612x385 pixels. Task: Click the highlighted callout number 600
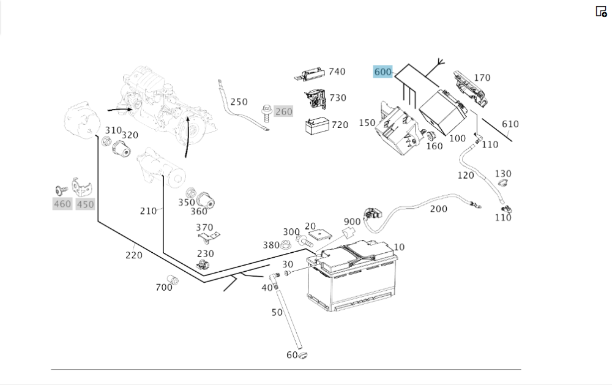tap(382, 72)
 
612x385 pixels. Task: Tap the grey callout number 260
tap(283, 111)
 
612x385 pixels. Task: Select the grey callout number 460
tap(62, 204)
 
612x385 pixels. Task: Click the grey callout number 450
tap(85, 204)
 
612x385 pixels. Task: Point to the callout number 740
tap(337, 72)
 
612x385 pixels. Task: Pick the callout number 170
tap(482, 78)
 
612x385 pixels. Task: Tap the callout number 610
tap(510, 124)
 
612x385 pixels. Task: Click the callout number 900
tap(352, 222)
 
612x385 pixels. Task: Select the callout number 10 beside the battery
tap(399, 247)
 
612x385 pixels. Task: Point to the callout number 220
tap(134, 255)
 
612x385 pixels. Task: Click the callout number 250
tap(239, 102)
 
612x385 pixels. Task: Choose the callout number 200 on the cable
tap(438, 209)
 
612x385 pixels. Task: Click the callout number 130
tap(503, 174)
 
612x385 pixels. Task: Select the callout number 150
tap(367, 123)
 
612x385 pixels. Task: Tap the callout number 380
tap(271, 245)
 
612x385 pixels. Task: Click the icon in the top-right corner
tap(601, 11)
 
